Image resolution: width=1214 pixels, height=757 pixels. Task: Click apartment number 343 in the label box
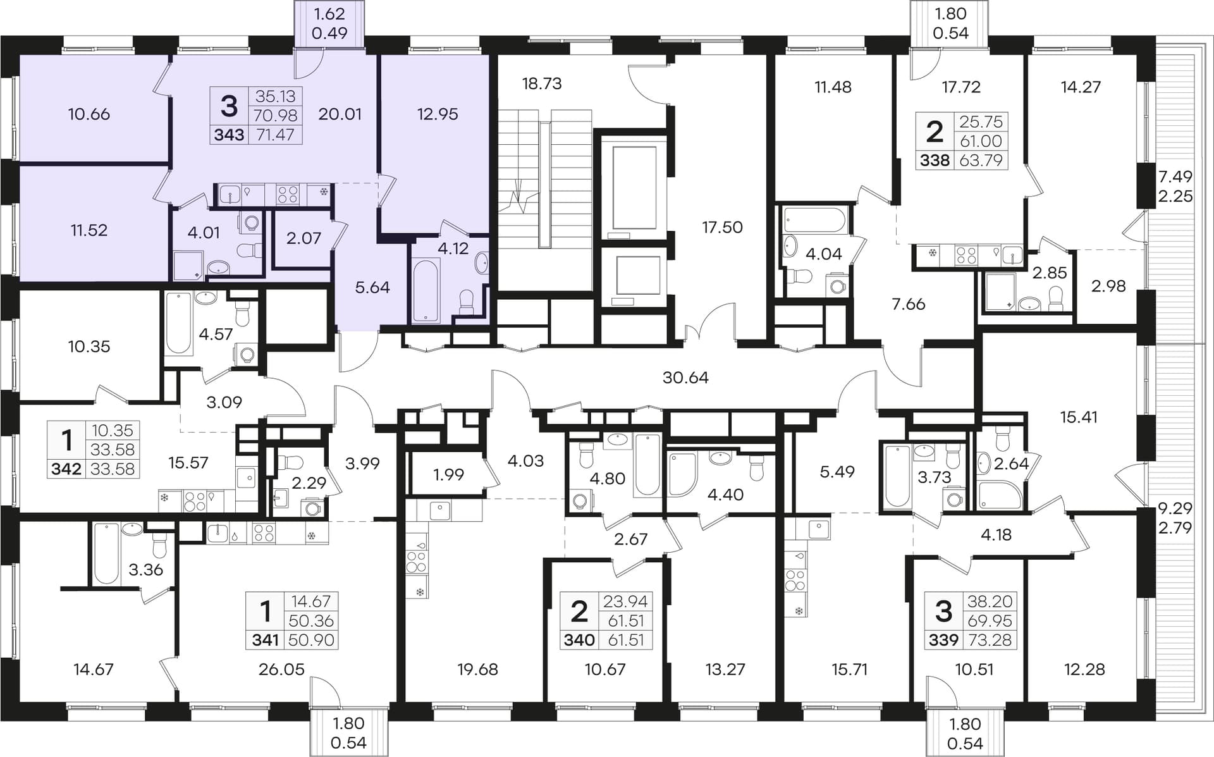pos(229,135)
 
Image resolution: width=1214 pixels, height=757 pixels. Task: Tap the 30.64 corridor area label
pos(685,378)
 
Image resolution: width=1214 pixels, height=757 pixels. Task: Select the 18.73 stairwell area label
pos(542,83)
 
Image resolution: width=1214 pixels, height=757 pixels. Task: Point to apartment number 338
pos(935,161)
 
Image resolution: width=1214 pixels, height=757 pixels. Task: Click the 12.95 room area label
pos(438,114)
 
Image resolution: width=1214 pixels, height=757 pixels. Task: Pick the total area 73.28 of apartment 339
pos(990,640)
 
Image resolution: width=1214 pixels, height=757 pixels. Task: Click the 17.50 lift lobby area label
pos(722,227)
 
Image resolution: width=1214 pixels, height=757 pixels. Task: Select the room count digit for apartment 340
pos(579,612)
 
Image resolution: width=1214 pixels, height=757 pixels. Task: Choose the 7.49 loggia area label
pos(1175,176)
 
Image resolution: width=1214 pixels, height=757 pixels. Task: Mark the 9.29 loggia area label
pos(1175,508)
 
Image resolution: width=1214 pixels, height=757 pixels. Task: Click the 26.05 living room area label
pos(281,669)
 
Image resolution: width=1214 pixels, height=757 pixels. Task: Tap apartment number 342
pos(66,469)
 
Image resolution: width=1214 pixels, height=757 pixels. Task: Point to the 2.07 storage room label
pos(303,238)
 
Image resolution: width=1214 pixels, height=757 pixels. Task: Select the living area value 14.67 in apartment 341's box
pos(310,601)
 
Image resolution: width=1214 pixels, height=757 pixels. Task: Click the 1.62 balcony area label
pos(329,14)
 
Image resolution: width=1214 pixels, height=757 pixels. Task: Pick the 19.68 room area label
pos(477,669)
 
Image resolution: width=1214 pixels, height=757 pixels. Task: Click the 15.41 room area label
pos(1079,417)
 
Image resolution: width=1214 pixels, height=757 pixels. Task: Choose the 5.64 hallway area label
pos(372,288)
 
